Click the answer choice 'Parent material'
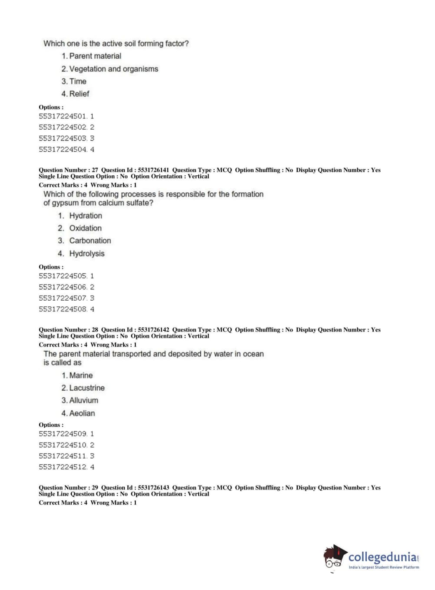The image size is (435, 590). (95, 56)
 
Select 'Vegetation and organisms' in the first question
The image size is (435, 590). (113, 69)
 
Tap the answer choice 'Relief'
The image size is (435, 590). (79, 94)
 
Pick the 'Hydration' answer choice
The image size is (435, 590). (86, 216)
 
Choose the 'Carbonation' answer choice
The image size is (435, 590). (90, 241)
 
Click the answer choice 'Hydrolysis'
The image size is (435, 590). (87, 254)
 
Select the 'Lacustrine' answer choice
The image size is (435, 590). (86, 388)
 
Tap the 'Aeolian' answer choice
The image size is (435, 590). (82, 413)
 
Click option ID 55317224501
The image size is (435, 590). (63, 117)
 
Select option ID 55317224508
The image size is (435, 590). (63, 309)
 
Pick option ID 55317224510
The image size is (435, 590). (63, 445)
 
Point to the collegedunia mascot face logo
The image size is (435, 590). (334, 557)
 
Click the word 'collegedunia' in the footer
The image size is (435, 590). (382, 557)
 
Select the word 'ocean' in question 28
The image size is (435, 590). (253, 354)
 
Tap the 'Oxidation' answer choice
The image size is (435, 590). (85, 228)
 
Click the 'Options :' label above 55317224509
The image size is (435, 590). (51, 425)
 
